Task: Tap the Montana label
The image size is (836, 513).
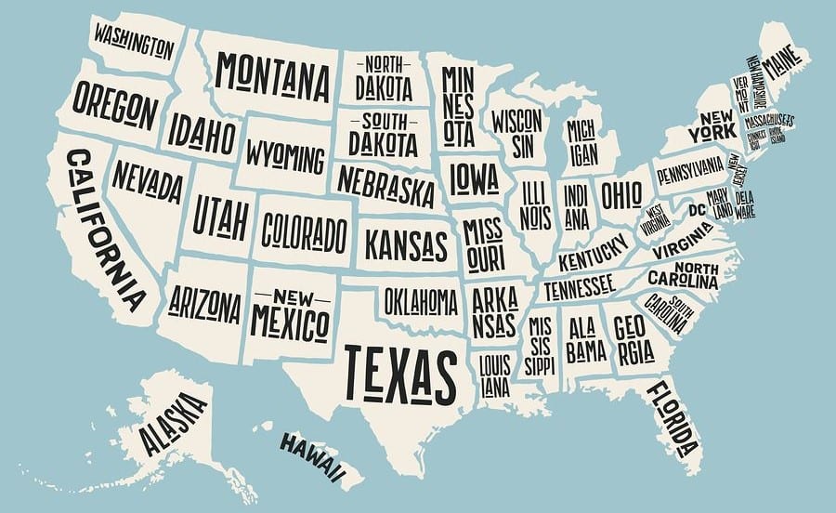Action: coord(274,74)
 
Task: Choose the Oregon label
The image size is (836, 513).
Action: coord(115,106)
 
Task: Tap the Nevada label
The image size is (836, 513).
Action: coord(147,183)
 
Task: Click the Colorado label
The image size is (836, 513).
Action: coord(304,228)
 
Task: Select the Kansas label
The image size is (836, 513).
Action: coord(405,244)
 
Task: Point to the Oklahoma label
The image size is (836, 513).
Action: coord(421,301)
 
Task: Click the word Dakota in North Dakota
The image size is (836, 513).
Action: coord(383,87)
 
